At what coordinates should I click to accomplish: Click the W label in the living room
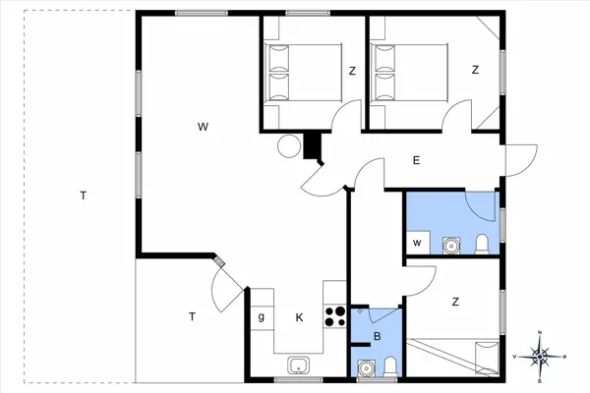point(203,126)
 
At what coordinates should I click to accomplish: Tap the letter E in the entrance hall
point(416,160)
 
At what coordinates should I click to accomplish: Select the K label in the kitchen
point(299,316)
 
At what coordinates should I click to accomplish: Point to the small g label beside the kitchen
point(261,316)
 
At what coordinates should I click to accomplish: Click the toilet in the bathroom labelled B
point(391,368)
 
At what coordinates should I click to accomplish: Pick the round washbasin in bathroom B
point(366,369)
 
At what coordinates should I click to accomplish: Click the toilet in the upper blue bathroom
point(482,244)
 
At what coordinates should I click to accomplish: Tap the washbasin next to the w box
point(452,244)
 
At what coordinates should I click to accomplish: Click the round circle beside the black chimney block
point(288,146)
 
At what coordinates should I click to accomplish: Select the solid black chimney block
point(314,146)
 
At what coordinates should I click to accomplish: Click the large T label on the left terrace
point(84,196)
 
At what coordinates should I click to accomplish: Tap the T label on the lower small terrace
point(192,315)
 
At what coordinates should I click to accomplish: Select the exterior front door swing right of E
point(518,159)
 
